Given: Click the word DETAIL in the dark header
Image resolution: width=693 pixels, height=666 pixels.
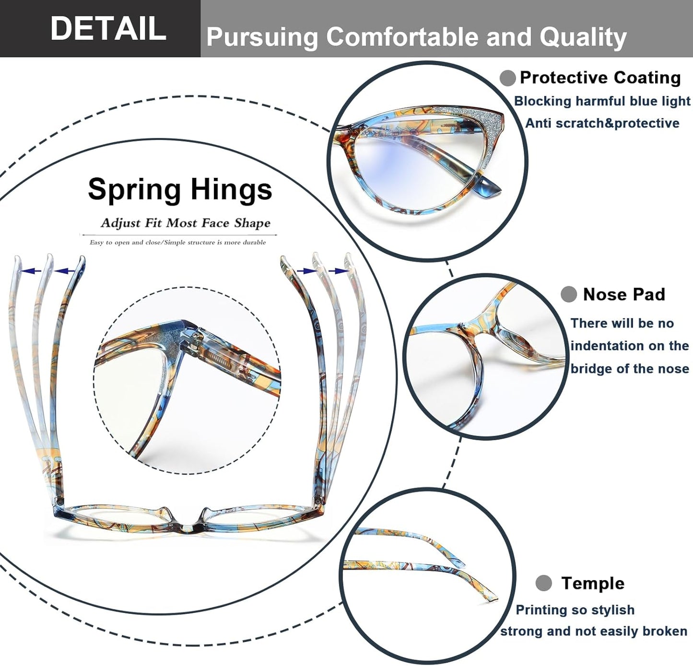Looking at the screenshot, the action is pyautogui.click(x=108, y=28).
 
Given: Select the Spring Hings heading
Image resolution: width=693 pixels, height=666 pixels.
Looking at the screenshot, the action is pyautogui.click(x=180, y=189).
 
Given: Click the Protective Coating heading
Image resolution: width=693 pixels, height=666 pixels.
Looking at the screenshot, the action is pyautogui.click(x=600, y=78).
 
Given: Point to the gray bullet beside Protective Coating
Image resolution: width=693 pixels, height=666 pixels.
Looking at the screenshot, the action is pyautogui.click(x=507, y=78).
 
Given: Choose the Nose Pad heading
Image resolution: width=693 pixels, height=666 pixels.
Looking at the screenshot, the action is pyautogui.click(x=624, y=294).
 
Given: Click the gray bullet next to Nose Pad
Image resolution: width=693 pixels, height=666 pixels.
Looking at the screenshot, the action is pyautogui.click(x=569, y=294).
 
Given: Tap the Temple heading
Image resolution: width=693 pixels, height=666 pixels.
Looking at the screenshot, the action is pyautogui.click(x=593, y=584).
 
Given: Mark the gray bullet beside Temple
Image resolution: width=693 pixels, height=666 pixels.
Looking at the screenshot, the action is pyautogui.click(x=544, y=583).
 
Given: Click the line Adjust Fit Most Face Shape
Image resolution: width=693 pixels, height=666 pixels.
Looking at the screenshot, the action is pyautogui.click(x=186, y=223).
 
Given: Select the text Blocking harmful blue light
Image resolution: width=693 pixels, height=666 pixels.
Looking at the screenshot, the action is pyautogui.click(x=602, y=101).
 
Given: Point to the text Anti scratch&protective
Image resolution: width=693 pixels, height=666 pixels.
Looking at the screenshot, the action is pyautogui.click(x=602, y=123).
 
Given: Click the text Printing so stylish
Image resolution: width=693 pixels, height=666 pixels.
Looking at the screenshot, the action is pyautogui.click(x=575, y=610).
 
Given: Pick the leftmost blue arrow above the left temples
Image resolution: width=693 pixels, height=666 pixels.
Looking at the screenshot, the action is pyautogui.click(x=31, y=271).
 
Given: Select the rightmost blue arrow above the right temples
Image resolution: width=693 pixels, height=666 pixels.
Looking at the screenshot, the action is pyautogui.click(x=338, y=271).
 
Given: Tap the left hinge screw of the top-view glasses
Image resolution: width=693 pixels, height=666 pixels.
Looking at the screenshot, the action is pyautogui.click(x=60, y=502).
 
